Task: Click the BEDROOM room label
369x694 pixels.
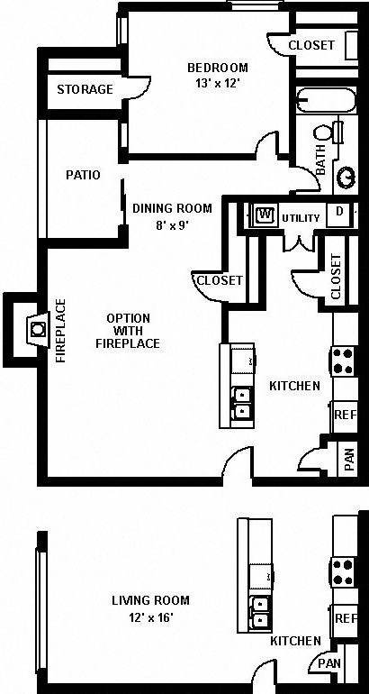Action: click(217, 68)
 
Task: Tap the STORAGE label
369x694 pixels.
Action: click(85, 89)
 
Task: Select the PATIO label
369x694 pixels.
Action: click(82, 175)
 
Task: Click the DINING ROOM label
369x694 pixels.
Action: click(172, 208)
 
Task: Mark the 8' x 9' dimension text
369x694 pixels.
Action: click(172, 225)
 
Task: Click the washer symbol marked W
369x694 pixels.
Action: click(265, 215)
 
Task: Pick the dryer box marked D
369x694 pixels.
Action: click(339, 212)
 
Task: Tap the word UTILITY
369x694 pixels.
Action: click(301, 218)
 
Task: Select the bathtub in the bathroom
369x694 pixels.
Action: click(311, 100)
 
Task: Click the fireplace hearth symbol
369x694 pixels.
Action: click(37, 328)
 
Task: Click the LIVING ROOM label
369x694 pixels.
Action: click(150, 600)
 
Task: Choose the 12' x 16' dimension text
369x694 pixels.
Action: click(150, 617)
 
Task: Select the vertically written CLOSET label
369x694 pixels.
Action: click(336, 277)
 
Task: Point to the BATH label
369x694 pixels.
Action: click(320, 160)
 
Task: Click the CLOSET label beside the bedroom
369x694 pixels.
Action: click(311, 45)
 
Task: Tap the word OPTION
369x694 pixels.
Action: click(128, 318)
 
